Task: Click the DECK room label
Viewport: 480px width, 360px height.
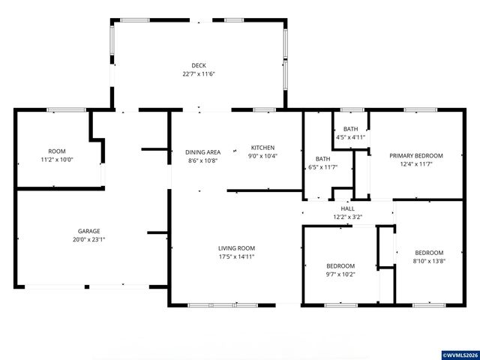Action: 198,65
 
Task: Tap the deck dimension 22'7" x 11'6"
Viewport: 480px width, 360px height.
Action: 198,74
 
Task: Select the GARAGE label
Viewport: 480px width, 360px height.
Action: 89,231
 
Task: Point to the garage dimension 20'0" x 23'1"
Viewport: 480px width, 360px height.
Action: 89,240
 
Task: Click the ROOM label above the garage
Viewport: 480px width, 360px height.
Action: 57,151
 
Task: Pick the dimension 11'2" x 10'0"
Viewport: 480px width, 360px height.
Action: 57,160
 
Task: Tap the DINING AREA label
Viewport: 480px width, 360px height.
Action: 202,151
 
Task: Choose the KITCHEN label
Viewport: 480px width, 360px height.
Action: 262,147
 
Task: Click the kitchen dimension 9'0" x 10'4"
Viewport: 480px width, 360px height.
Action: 262,156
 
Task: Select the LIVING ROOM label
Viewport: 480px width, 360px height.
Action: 237,248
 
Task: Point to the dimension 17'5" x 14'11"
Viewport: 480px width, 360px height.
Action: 237,257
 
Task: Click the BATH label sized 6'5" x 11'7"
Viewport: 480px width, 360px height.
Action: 322,158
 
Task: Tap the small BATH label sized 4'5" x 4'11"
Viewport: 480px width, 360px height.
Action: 349,128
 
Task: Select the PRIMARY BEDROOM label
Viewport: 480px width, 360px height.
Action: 415,155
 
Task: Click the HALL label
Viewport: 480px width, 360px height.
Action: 347,208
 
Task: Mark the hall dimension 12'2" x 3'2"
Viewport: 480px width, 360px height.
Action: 347,217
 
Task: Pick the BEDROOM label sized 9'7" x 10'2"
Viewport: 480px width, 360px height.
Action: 340,266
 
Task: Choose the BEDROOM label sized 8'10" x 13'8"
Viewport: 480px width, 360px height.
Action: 429,253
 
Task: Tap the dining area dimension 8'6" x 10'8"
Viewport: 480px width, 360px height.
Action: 202,160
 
